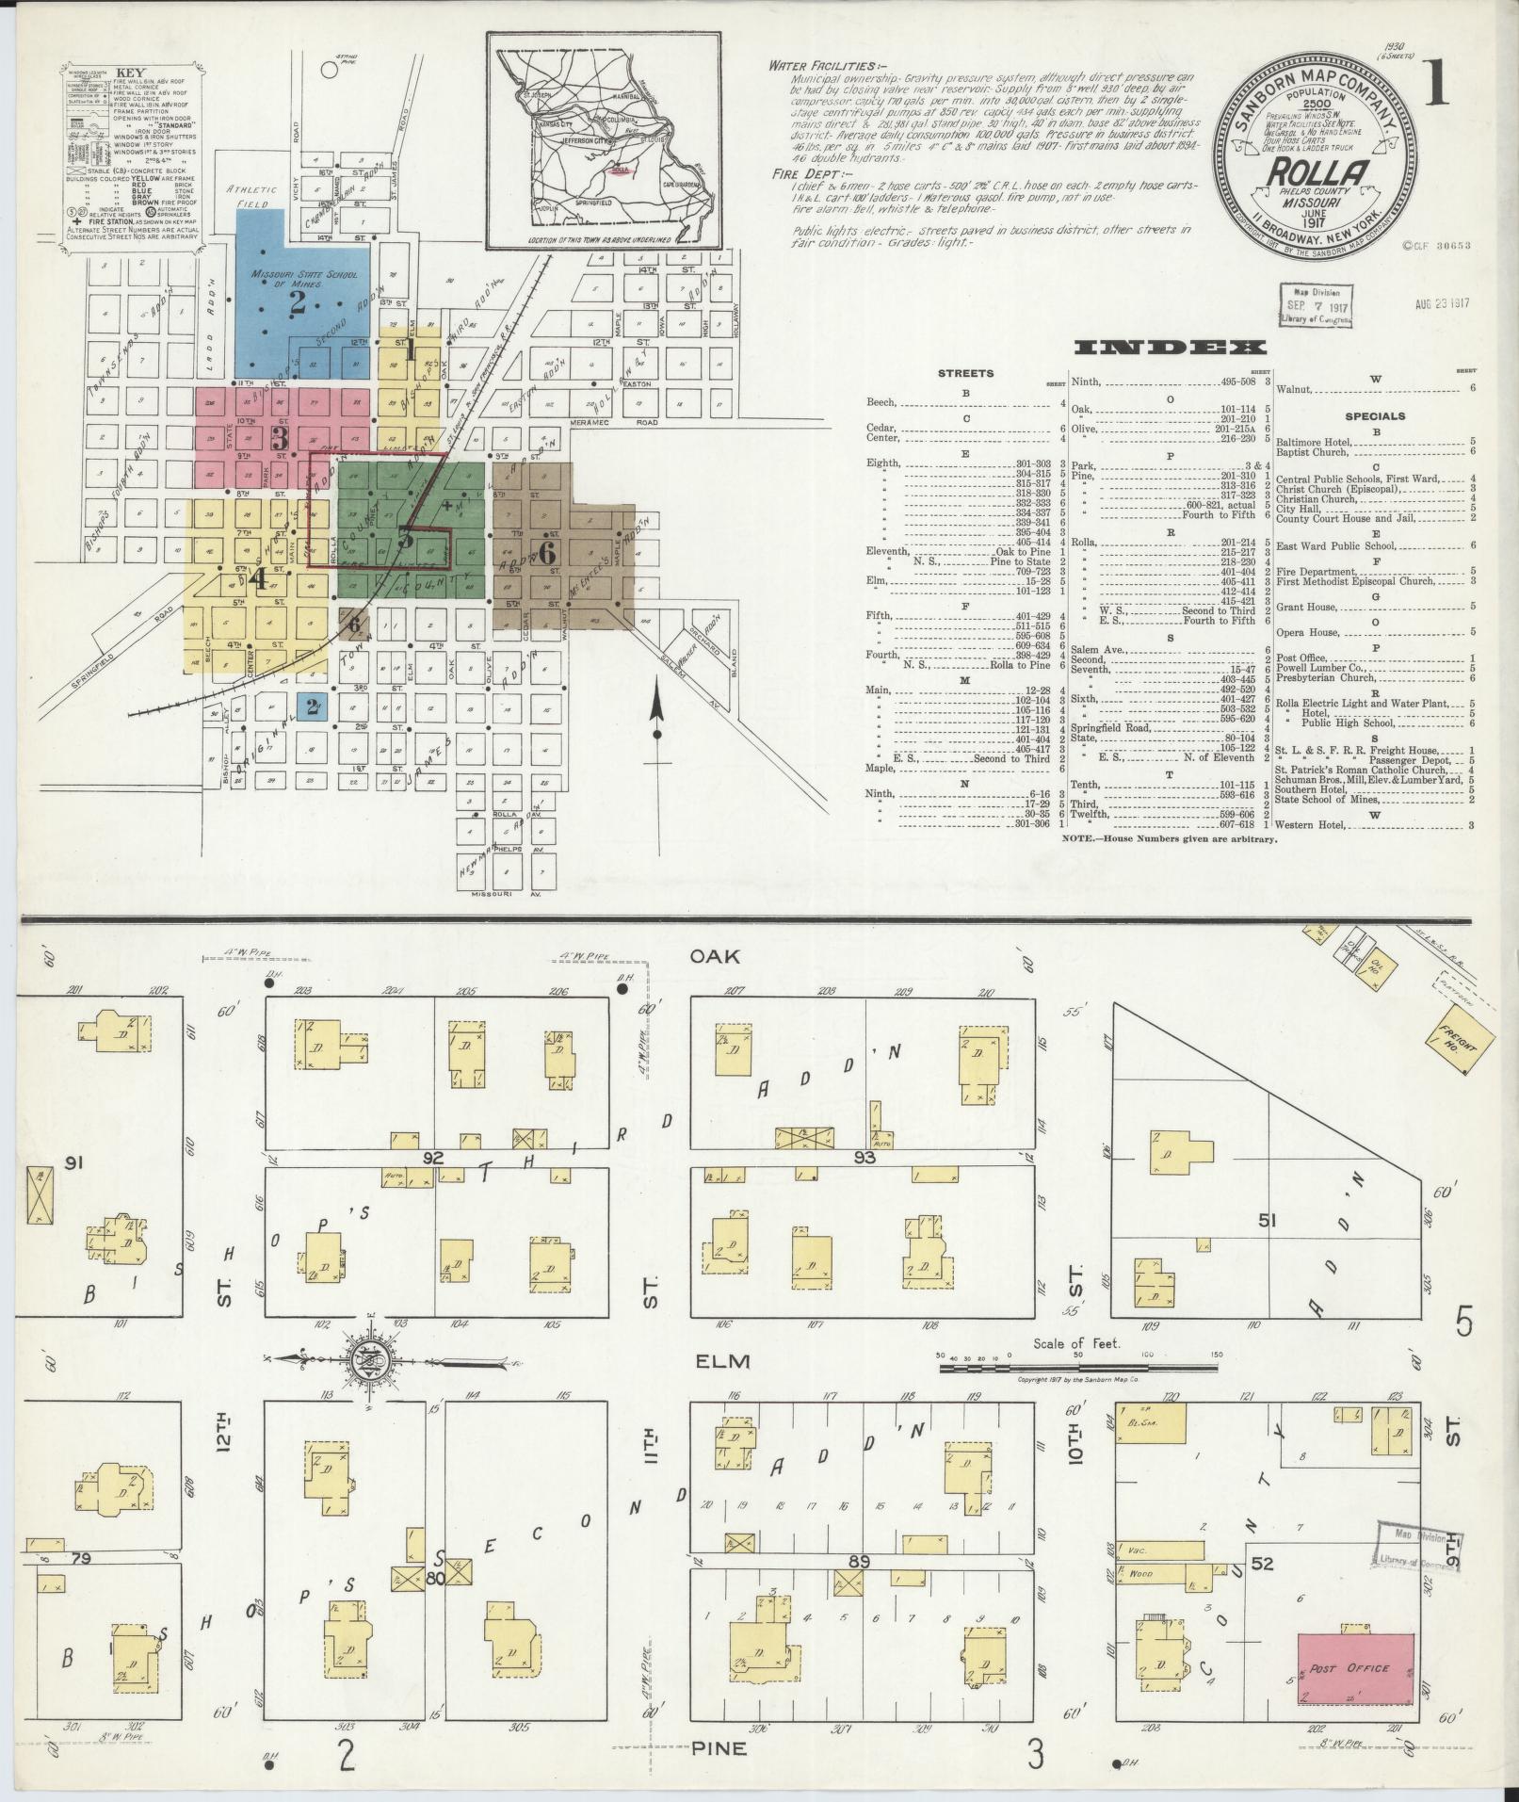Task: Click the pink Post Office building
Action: pos(1355,1667)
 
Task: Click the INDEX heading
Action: pos(1168,348)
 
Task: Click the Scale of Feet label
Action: pos(1076,1344)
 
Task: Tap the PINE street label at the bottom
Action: pos(720,1748)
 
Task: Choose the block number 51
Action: pos(1267,1223)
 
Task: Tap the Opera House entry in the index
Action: pos(1303,632)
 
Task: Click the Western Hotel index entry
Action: pos(1311,825)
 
